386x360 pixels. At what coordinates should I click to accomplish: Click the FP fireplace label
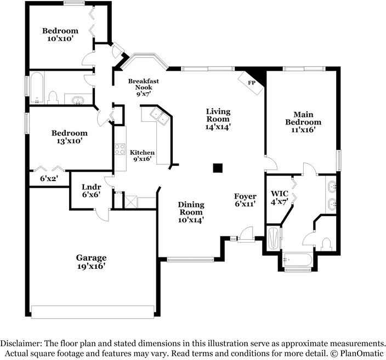tap(252, 82)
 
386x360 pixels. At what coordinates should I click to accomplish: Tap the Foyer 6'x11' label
tap(245, 200)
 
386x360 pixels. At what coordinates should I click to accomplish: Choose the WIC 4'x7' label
tap(280, 198)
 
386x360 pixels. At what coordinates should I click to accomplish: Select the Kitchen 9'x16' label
tap(142, 156)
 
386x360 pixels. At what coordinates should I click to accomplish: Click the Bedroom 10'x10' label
tap(60, 35)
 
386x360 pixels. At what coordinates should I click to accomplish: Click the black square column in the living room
tap(218, 168)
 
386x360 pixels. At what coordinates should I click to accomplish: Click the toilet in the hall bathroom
tap(53, 98)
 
